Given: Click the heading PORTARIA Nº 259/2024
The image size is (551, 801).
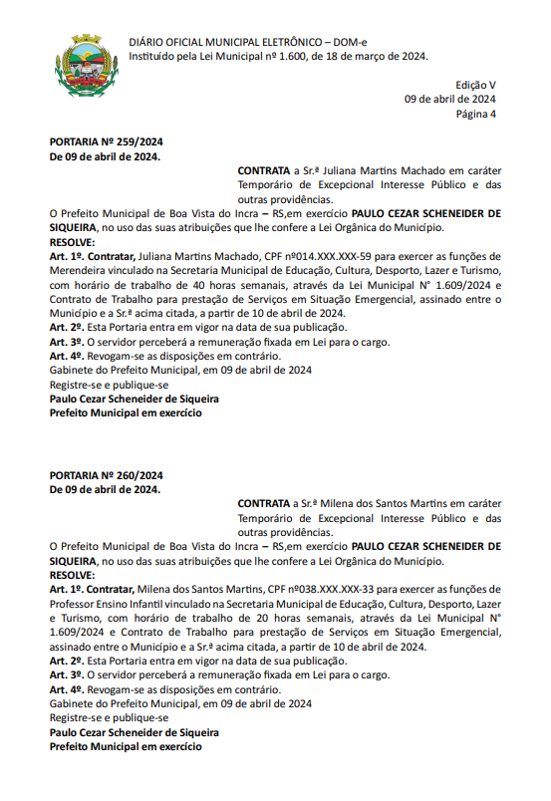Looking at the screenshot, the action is [106, 143].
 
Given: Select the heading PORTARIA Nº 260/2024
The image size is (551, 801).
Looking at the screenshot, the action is [106, 475].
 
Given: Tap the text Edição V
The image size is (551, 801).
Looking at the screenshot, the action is [475, 86].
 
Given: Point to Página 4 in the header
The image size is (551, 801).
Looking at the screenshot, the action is [475, 114].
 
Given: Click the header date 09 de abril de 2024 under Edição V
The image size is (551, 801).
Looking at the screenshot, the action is [449, 100].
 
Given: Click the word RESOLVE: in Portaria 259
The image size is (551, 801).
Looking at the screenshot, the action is [72, 242].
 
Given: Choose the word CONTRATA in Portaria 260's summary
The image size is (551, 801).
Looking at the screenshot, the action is [263, 504].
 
